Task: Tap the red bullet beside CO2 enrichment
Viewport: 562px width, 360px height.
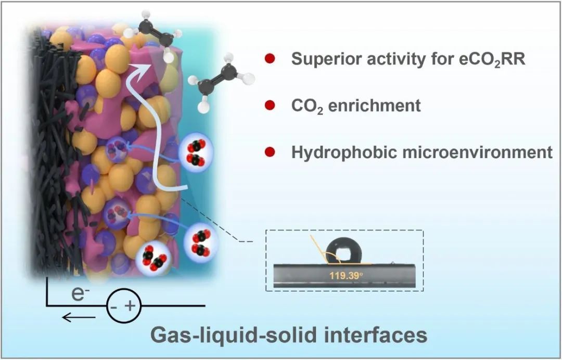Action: [x=269, y=106]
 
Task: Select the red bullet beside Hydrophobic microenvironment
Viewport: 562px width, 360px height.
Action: [x=269, y=152]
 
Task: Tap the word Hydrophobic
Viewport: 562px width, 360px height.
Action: [x=338, y=152]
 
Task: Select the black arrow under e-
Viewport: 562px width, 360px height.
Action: [x=79, y=317]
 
